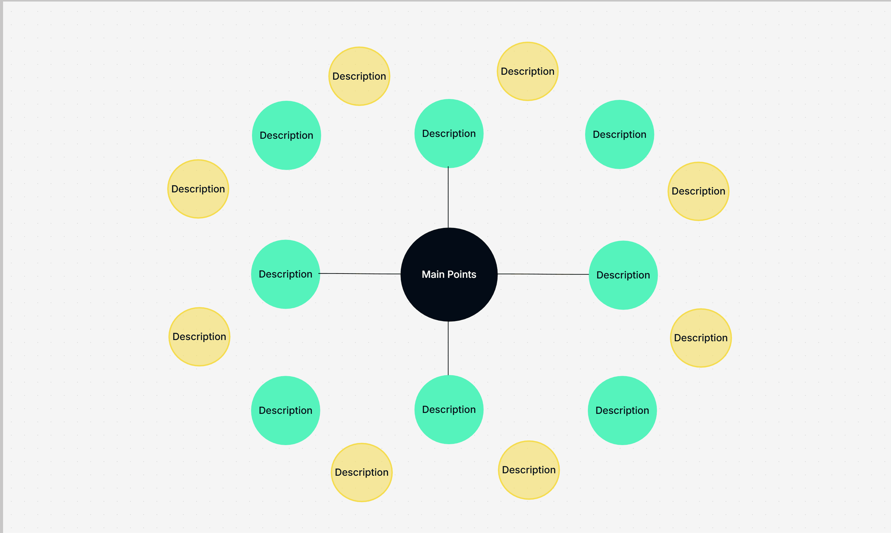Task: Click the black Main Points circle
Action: [x=449, y=274]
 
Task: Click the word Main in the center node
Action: [x=433, y=274]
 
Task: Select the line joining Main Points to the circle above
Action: [x=448, y=197]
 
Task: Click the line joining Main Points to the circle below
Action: [x=448, y=348]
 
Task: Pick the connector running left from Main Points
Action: [x=360, y=274]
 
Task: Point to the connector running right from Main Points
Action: [x=543, y=274]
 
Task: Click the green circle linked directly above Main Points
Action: [x=449, y=133]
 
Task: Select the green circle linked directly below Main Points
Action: [x=449, y=410]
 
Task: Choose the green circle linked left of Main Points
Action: [x=285, y=274]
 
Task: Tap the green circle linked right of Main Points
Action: [x=623, y=275]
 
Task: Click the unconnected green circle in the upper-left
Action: [x=287, y=135]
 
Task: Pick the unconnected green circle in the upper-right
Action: [x=620, y=134]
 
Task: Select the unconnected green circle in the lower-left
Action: [x=285, y=410]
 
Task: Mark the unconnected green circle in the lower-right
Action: [x=622, y=410]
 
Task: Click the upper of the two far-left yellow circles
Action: [x=198, y=189]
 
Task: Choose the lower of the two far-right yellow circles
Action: [x=701, y=338]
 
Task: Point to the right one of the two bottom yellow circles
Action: [x=529, y=470]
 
